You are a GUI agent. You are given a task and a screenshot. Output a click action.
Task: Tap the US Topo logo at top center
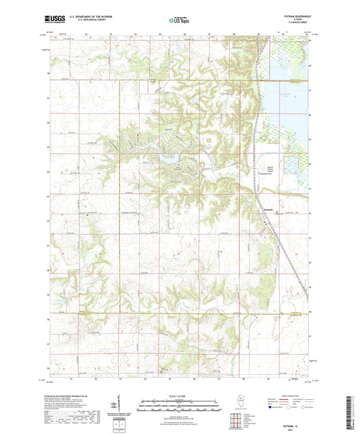coord(180,20)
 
